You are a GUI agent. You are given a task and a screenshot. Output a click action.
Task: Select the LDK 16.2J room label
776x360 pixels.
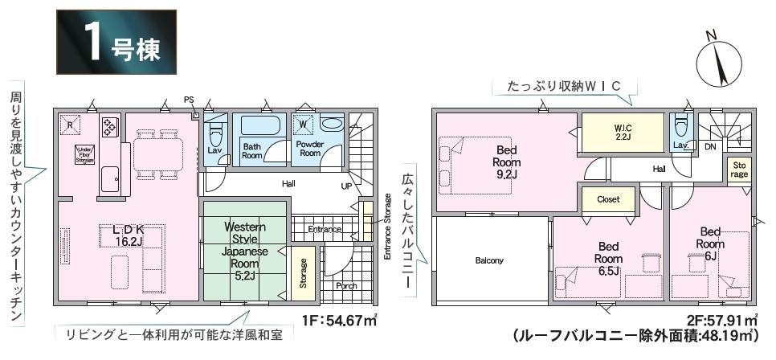pyautogui.click(x=128, y=234)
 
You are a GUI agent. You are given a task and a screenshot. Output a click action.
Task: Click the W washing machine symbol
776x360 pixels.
pyautogui.click(x=304, y=125)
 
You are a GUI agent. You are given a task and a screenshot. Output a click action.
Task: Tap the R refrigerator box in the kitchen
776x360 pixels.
pyautogui.click(x=71, y=125)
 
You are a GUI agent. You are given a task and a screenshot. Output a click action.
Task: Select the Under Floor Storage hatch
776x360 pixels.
pyautogui.click(x=85, y=154)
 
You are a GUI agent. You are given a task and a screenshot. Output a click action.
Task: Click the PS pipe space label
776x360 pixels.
pyautogui.click(x=189, y=100)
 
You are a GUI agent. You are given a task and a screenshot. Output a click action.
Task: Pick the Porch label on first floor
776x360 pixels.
pyautogui.click(x=346, y=285)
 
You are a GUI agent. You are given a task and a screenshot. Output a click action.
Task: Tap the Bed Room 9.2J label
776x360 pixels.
pyautogui.click(x=505, y=162)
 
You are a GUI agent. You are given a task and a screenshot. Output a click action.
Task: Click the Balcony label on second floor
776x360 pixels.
pyautogui.click(x=489, y=260)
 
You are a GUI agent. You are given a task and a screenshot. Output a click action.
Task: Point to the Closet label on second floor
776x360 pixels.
pyautogui.click(x=607, y=199)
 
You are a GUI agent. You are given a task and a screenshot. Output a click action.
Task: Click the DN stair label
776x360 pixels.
pyautogui.click(x=710, y=147)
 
